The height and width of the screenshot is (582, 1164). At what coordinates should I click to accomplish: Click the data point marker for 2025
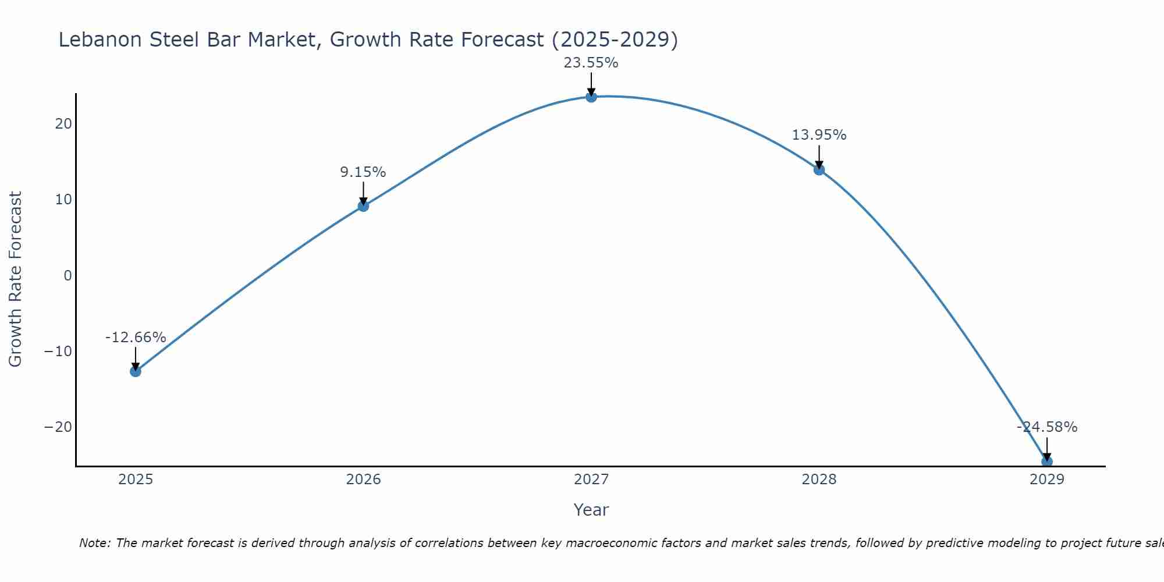(136, 371)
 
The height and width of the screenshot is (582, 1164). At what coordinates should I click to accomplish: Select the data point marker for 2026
(363, 205)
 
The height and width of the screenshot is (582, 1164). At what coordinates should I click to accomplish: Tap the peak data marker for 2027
(591, 97)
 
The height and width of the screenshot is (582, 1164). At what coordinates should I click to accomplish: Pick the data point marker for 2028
(819, 169)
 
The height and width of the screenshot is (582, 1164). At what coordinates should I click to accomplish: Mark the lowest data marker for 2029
(1046, 462)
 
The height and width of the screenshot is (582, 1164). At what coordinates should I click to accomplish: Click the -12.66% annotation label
(136, 338)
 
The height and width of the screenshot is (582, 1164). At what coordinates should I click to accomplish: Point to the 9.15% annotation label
(363, 172)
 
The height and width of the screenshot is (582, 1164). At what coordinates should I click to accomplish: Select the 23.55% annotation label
(591, 63)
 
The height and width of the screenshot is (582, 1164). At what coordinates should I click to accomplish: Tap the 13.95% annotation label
(819, 135)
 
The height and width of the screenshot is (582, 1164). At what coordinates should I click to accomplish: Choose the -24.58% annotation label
(1047, 427)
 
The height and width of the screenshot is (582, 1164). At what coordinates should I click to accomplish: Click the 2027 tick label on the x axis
(591, 480)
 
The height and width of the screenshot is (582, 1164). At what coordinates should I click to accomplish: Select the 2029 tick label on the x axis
(1046, 480)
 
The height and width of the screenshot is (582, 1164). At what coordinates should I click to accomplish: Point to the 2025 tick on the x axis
(136, 480)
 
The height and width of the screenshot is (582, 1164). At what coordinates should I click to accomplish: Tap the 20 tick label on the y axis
(64, 124)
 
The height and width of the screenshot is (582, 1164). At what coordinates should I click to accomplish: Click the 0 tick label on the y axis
(68, 275)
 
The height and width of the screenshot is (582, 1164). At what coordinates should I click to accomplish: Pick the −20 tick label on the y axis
(58, 427)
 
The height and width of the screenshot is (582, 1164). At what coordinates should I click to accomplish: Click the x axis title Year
(591, 510)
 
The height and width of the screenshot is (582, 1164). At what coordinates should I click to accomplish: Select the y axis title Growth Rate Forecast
(15, 279)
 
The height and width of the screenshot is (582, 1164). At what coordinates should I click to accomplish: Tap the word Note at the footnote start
(94, 543)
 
